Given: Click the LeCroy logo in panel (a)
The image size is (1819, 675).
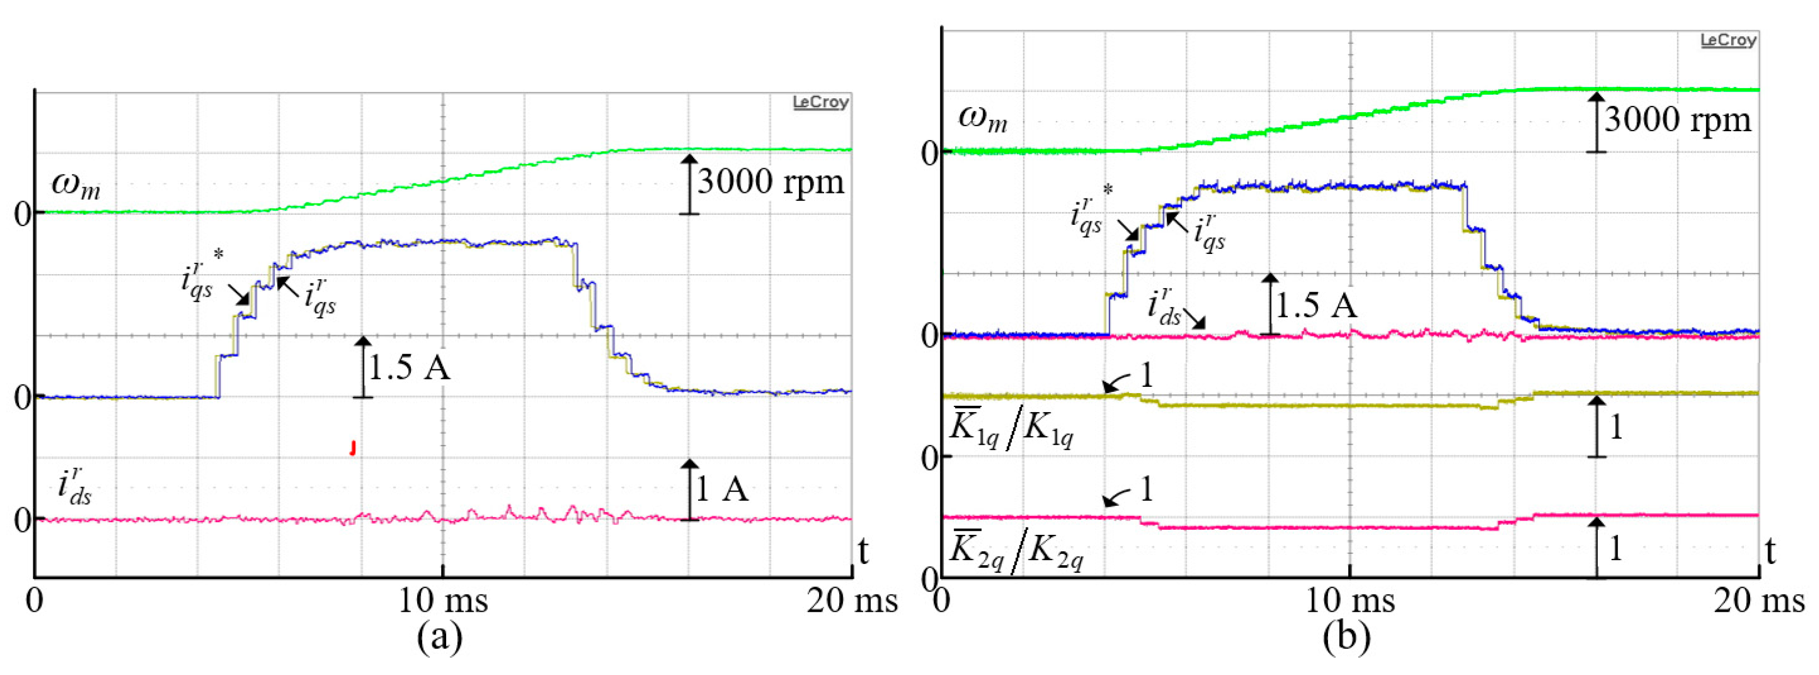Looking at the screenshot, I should click(x=820, y=103).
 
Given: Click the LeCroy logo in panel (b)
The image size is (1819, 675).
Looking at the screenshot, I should click(x=1727, y=40).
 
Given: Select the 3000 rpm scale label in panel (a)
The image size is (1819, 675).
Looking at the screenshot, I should click(x=770, y=182).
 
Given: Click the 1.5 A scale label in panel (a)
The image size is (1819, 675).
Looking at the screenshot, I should click(x=410, y=368).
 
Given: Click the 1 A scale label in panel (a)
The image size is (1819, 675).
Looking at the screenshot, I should click(x=722, y=489).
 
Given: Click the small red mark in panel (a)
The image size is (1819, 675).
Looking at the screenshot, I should click(x=352, y=448).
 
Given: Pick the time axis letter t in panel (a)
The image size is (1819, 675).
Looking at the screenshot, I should click(x=863, y=551).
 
